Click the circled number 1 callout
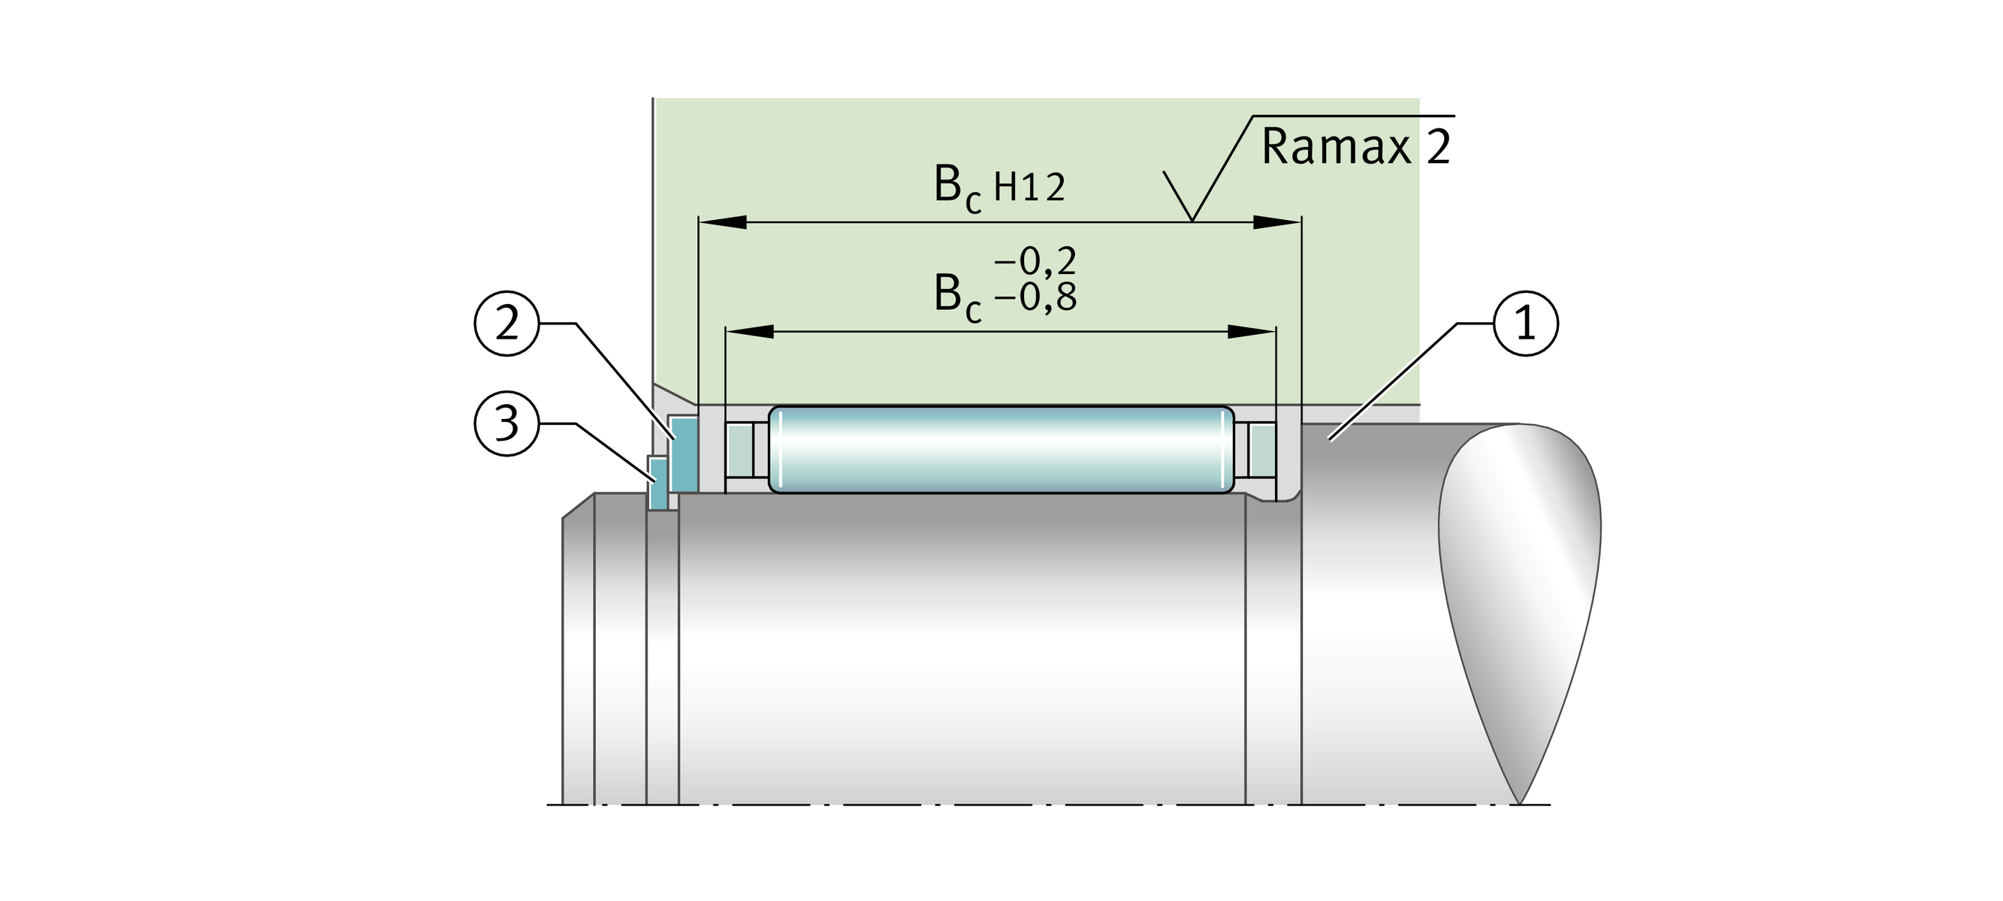[x=1526, y=324]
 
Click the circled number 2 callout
[x=506, y=324]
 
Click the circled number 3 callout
[x=506, y=423]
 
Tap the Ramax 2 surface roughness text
[x=1355, y=146]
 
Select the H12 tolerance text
[x=1029, y=188]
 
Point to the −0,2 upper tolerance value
[x=1035, y=262]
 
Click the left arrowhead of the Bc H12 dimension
[x=721, y=222]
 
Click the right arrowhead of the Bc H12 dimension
[x=1276, y=222]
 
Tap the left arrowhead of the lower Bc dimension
[x=749, y=332]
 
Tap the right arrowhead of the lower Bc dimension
[x=1251, y=332]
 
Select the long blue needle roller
[x=1001, y=449]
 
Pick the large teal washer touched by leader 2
[x=684, y=454]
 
